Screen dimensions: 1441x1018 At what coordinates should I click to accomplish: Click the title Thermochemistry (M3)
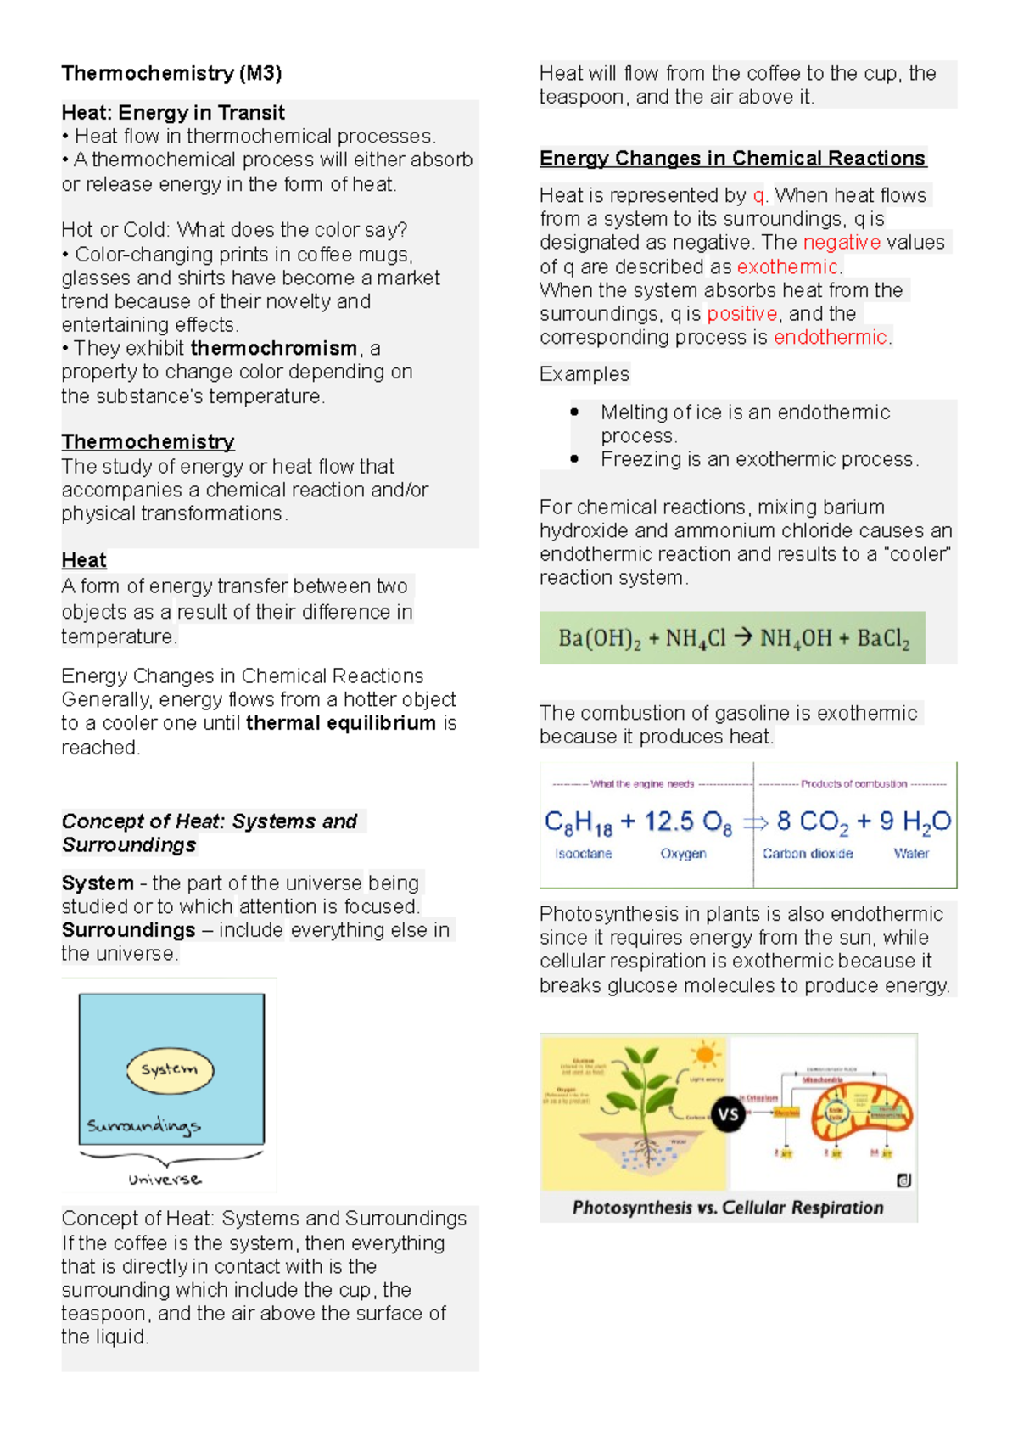[x=171, y=73]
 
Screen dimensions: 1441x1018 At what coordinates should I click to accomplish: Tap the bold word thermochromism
[x=273, y=348]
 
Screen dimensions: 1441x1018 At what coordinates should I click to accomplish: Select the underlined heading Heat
[x=83, y=560]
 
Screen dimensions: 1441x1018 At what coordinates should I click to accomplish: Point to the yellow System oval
[x=170, y=1069]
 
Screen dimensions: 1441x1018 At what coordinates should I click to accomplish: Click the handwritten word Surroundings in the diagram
[x=143, y=1126]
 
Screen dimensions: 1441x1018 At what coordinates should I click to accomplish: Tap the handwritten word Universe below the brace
[x=165, y=1180]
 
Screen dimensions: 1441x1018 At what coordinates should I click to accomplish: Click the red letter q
[x=758, y=195]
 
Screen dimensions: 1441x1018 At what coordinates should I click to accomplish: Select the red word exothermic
[x=786, y=266]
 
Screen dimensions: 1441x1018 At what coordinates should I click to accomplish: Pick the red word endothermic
[x=830, y=337]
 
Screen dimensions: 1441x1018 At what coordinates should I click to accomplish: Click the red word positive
[x=741, y=313]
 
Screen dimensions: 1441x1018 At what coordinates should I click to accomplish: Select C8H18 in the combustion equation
[x=578, y=821]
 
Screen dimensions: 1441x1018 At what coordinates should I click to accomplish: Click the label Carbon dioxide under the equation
[x=808, y=854]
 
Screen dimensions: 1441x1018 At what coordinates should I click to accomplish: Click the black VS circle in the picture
[x=728, y=1113]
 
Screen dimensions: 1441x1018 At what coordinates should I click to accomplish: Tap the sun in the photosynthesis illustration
[x=704, y=1055]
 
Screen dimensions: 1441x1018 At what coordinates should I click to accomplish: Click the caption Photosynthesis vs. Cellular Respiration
[x=728, y=1208]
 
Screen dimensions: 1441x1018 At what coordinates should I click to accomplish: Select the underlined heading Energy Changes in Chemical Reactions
[x=732, y=158]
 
